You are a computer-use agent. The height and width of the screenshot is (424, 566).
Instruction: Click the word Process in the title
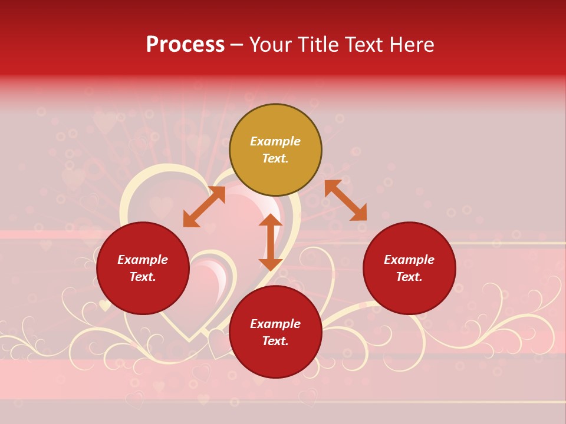tap(185, 45)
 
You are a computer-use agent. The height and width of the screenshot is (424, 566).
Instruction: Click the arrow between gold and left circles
tap(205, 207)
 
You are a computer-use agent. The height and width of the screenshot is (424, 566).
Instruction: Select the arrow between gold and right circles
tap(345, 200)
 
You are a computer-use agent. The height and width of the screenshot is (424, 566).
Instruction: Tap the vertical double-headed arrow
tap(271, 242)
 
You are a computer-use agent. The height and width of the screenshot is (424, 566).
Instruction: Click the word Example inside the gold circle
tap(275, 141)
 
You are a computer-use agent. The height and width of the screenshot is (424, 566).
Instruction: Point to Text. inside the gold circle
tap(275, 158)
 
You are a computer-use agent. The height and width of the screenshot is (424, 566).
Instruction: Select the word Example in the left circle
tap(143, 260)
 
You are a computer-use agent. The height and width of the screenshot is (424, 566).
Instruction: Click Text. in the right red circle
tap(409, 277)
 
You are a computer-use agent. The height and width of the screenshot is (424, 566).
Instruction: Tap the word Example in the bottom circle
tap(275, 324)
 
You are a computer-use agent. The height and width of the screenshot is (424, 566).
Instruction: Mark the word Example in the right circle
tap(409, 260)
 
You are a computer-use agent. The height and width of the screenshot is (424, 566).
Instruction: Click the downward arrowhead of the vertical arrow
tap(271, 264)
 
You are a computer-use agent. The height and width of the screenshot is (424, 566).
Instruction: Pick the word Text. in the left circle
tap(143, 277)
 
